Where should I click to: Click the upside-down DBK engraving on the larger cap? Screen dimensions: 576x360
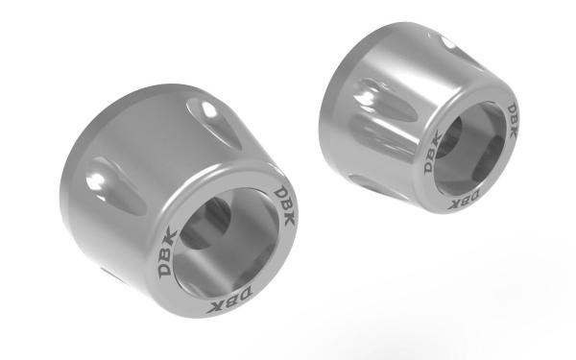coord(229,299)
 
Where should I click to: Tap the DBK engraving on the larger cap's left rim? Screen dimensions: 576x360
coord(167,252)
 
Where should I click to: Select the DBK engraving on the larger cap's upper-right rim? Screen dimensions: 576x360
coord(285,206)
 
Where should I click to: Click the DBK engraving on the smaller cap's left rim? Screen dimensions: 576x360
coord(433,152)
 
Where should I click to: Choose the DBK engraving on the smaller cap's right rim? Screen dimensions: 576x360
coord(512,121)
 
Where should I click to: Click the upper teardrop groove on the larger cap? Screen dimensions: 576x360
coord(214,124)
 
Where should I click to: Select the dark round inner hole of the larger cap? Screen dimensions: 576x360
coord(206,224)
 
